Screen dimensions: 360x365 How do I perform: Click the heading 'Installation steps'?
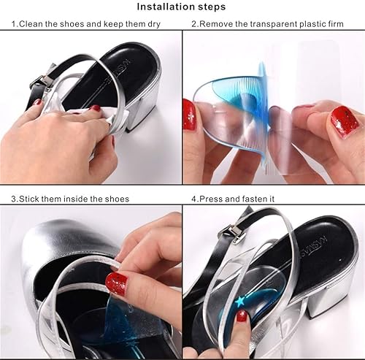click(x=182, y=7)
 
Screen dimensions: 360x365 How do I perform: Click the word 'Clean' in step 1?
click(x=31, y=23)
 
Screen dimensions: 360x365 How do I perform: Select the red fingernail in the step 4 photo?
click(x=242, y=316)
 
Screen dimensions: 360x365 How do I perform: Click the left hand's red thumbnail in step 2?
click(x=190, y=115)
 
